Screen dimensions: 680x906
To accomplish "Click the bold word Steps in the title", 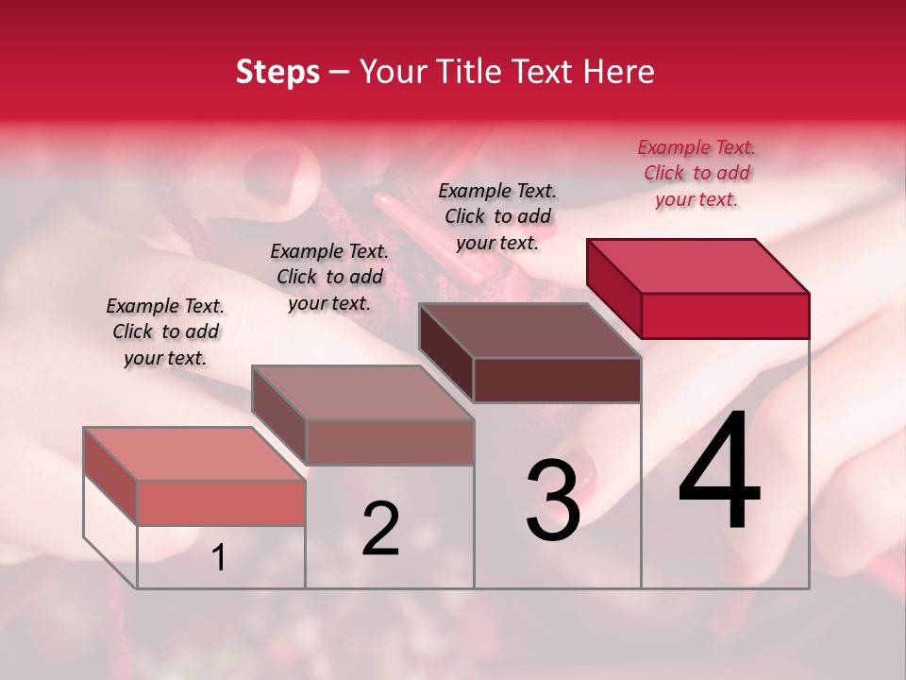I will click(x=277, y=72).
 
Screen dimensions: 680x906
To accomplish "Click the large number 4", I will click(x=720, y=471).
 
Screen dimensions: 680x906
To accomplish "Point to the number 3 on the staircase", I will click(x=553, y=501).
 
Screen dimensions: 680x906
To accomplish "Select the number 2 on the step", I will click(x=380, y=529).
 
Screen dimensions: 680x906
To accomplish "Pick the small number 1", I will click(x=218, y=558).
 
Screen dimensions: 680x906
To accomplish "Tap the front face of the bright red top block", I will click(x=725, y=315).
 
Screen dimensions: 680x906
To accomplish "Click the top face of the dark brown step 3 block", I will click(x=529, y=331).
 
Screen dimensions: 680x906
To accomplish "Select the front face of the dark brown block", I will click(x=557, y=380).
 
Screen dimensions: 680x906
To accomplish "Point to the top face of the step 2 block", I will click(x=361, y=393).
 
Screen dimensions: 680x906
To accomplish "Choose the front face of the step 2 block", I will click(x=389, y=442).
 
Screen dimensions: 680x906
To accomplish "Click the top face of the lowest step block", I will click(x=193, y=453).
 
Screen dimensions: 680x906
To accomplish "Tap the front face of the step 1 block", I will click(x=221, y=502).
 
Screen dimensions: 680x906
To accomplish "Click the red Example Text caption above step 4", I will click(x=696, y=173).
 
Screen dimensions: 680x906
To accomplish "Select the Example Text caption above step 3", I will click(x=497, y=216).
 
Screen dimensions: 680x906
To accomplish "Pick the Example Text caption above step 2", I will click(x=329, y=277).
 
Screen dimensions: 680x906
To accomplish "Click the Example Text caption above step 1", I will click(x=165, y=331).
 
